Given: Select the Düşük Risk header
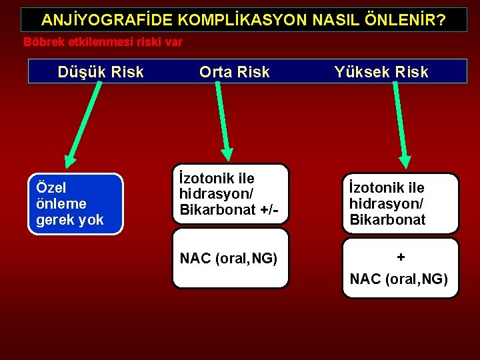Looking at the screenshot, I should [101, 72].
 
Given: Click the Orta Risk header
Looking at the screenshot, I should [235, 72].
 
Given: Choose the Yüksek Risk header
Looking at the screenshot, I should [381, 72].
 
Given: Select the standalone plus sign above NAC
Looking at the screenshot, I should [400, 257].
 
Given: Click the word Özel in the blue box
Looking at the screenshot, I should [51, 188].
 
